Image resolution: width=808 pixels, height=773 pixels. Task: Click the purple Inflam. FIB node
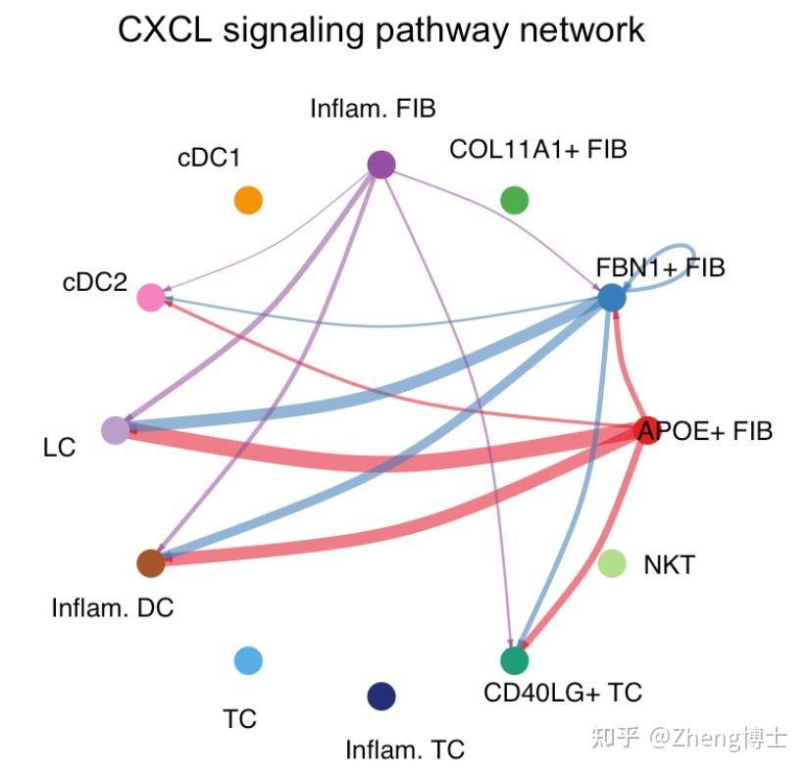(x=380, y=165)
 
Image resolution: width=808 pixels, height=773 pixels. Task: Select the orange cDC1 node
(x=248, y=200)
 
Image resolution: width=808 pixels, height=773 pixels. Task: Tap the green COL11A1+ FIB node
(x=514, y=200)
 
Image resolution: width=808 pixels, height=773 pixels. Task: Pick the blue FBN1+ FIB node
(x=612, y=298)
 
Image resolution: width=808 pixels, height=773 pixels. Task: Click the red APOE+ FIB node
(x=647, y=430)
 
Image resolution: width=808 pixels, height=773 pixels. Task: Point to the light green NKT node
(x=612, y=563)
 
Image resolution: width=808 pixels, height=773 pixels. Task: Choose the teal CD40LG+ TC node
(x=514, y=660)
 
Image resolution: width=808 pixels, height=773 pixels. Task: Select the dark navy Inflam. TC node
(x=380, y=696)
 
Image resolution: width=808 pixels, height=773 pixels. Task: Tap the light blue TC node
(x=248, y=660)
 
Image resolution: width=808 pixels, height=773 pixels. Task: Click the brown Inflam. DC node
(x=150, y=563)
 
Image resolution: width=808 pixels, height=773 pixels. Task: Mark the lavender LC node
(x=115, y=430)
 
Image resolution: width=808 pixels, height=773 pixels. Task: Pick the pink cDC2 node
(x=150, y=298)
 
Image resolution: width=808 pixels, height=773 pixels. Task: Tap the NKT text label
(x=669, y=565)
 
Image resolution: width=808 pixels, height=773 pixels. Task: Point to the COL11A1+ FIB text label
(x=537, y=150)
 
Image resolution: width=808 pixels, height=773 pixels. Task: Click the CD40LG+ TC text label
(x=563, y=693)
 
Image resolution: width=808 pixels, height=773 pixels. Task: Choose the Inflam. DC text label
(x=112, y=607)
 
